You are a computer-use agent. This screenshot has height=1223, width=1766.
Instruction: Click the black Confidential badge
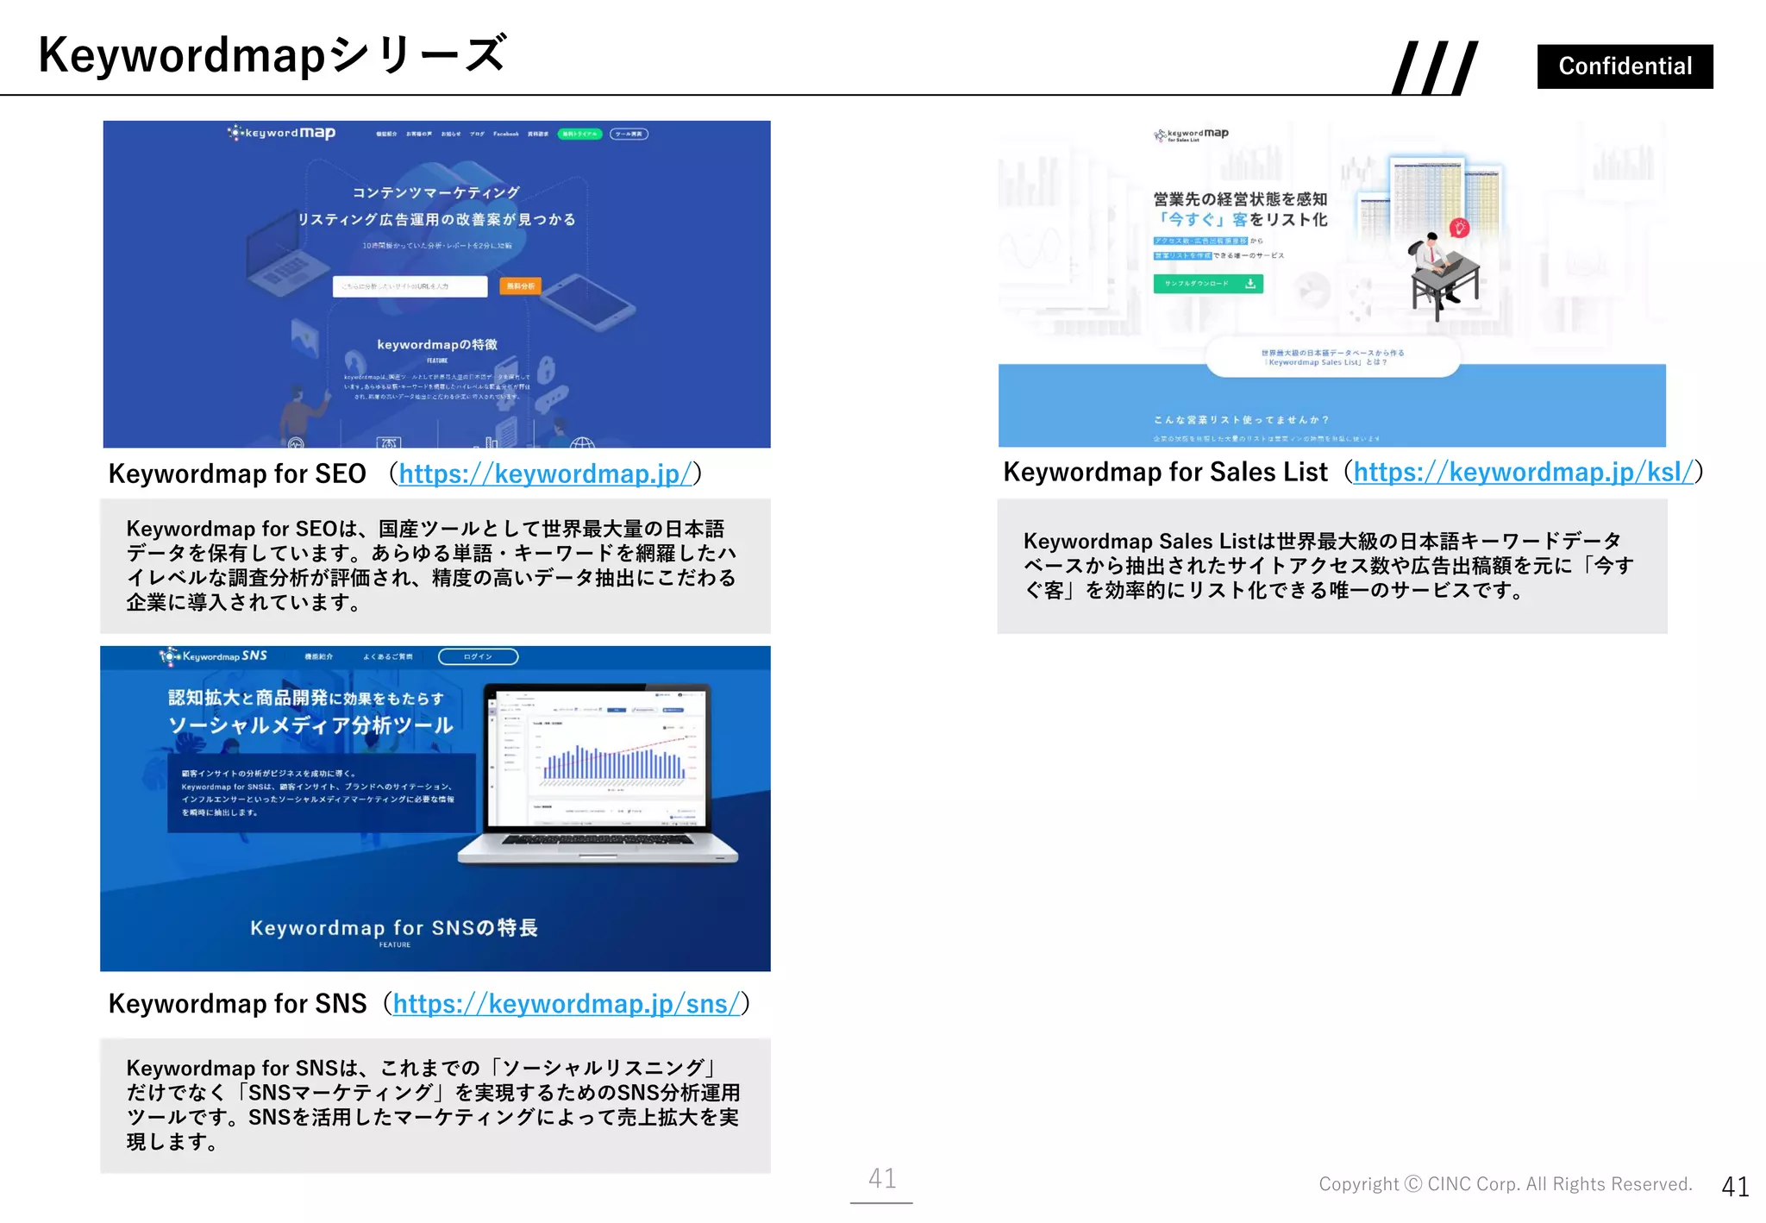1625,66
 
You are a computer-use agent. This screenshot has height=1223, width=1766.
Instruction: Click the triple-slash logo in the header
1435,67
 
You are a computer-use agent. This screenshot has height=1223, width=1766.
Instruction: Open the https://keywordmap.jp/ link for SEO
545,474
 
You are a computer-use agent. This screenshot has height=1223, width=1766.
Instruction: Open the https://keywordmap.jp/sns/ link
567,1003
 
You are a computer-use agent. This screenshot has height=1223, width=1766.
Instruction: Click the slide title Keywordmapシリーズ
272,54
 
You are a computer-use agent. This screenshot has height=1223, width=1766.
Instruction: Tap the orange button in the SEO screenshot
520,285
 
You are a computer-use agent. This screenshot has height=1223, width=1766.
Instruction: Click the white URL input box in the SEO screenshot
410,286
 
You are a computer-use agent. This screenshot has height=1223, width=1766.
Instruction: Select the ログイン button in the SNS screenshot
478,657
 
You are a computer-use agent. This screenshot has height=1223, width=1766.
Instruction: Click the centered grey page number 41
881,1178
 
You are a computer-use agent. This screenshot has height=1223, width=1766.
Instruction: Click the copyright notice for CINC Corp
1505,1184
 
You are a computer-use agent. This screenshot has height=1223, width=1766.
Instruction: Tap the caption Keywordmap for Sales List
1165,472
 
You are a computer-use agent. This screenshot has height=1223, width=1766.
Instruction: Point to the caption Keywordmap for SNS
237,1003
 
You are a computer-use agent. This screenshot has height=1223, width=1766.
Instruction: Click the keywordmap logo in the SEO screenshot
282,133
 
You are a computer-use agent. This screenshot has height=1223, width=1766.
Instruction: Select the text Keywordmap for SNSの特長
394,928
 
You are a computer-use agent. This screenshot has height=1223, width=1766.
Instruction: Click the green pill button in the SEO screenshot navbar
579,134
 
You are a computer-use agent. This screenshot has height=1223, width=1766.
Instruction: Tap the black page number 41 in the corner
1734,1187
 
